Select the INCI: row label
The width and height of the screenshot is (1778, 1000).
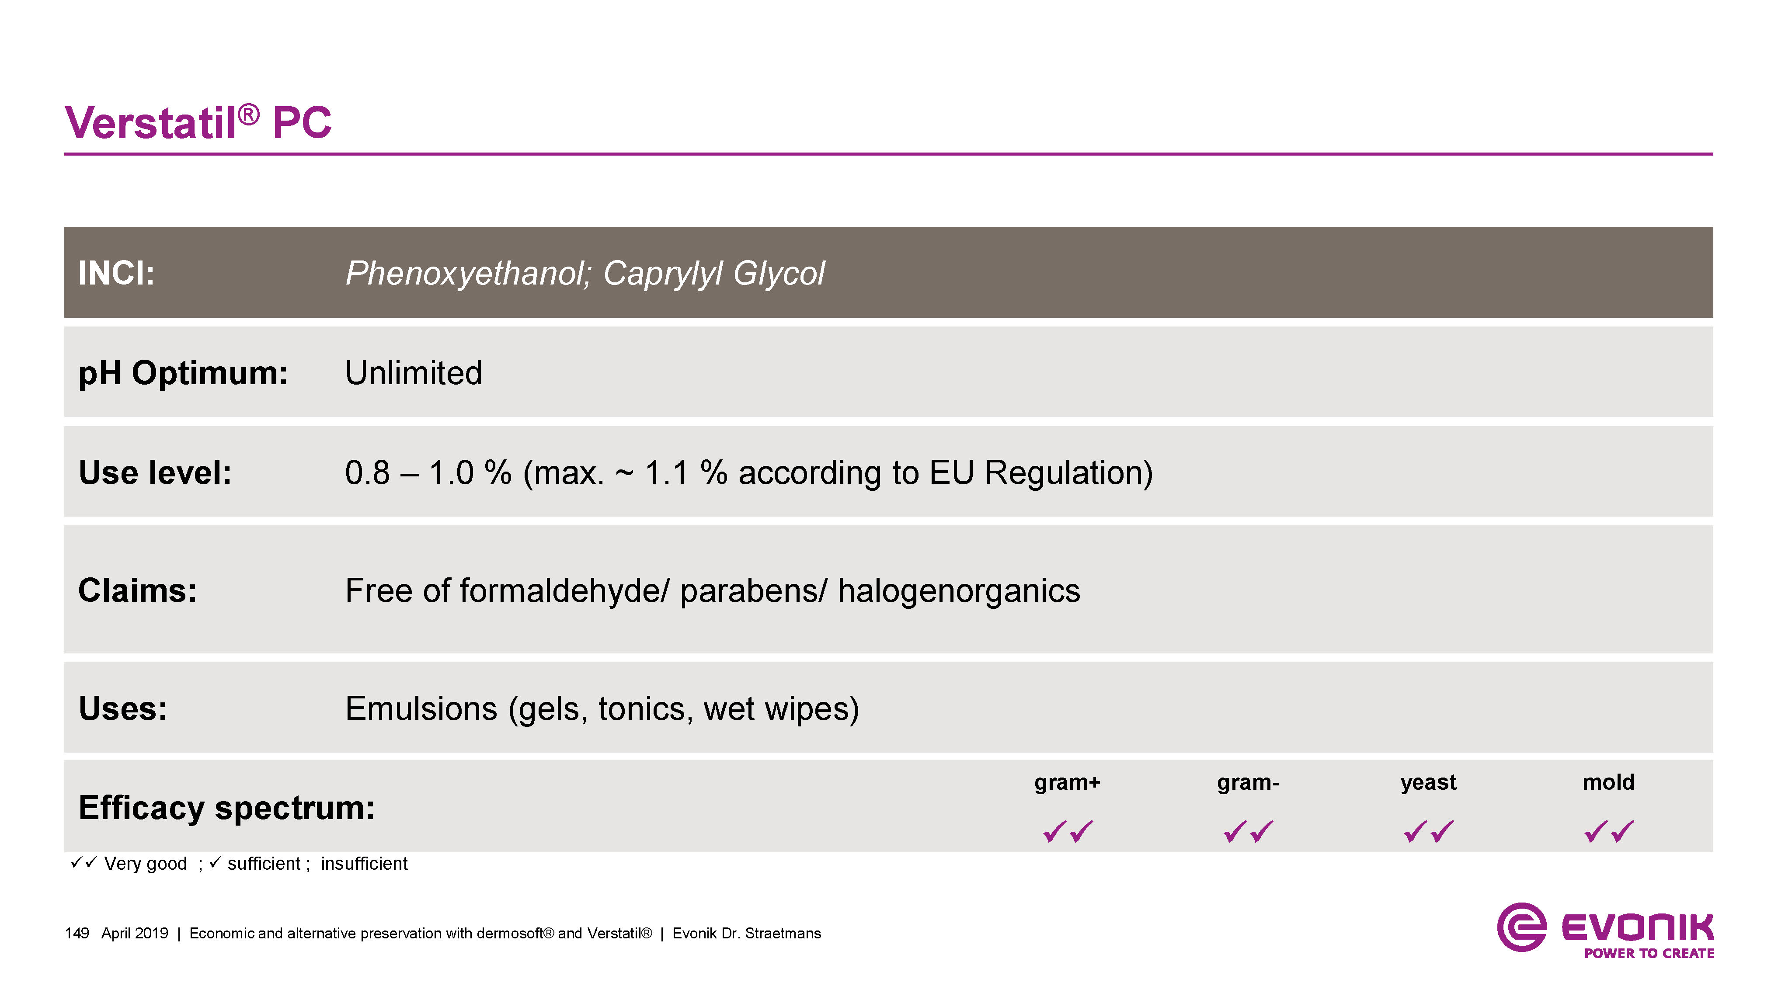[116, 273]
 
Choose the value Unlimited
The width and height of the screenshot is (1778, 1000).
[414, 373]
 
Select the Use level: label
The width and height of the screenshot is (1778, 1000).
[155, 473]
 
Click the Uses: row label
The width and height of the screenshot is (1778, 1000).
[123, 709]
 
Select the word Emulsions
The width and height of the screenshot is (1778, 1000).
[421, 709]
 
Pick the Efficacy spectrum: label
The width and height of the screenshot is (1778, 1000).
[226, 808]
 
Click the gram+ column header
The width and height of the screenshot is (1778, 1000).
[1067, 783]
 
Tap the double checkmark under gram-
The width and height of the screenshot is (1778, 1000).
[1248, 831]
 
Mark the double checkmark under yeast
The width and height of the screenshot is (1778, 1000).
[1429, 831]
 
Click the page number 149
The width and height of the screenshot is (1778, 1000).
[77, 933]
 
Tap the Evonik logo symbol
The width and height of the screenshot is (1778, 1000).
[1521, 927]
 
